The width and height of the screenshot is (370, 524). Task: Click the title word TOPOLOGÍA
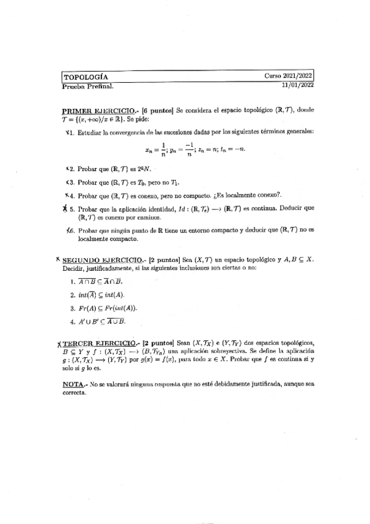coord(86,77)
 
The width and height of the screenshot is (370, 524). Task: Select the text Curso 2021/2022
coord(289,76)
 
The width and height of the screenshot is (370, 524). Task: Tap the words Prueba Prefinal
coord(83,86)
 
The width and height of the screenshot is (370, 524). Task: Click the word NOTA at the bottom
coord(74,384)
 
